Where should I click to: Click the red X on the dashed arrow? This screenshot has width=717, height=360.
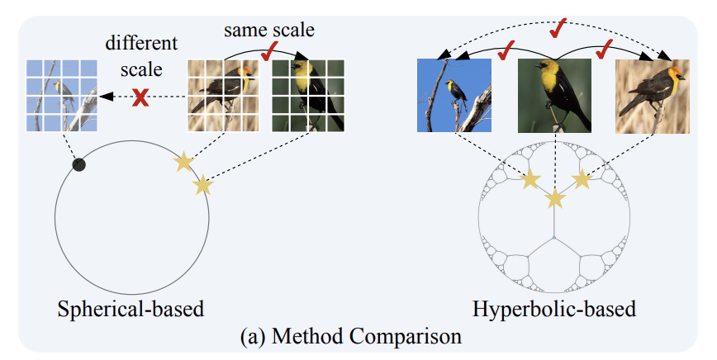coord(140,97)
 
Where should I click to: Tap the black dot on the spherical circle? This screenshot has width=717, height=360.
coord(79,165)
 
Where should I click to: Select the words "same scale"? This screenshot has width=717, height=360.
coord(269,31)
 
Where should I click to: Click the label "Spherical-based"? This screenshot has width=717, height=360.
coord(131,310)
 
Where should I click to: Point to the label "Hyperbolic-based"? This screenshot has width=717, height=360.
coord(554,310)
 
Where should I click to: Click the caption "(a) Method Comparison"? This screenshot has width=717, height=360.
coord(351,337)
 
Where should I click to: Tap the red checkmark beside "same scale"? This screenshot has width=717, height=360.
coord(270,51)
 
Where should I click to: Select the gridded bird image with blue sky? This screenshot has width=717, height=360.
coord(61,96)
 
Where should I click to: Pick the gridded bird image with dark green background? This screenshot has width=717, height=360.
coord(308,96)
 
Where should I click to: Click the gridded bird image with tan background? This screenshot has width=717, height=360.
coord(224,96)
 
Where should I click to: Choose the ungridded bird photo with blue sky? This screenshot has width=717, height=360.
coord(454,96)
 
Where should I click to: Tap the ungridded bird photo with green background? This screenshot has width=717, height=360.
coord(554,96)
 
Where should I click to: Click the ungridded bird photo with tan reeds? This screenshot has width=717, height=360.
coord(653,96)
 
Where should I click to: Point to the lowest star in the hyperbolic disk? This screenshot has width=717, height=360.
coord(555,199)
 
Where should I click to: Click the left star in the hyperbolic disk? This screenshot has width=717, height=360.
coord(530,179)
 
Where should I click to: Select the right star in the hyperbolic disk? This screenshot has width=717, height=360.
coord(582,179)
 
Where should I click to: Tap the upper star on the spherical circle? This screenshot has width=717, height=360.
coord(184,162)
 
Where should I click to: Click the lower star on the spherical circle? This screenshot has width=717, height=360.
coord(203,186)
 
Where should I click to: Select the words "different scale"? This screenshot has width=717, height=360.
coord(141,56)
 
